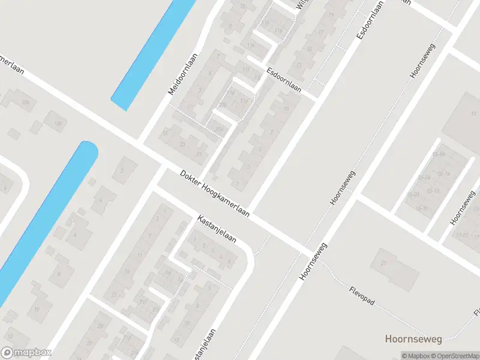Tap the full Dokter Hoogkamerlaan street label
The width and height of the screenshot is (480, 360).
215,194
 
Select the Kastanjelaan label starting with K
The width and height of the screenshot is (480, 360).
217,229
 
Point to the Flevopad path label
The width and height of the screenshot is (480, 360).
362,296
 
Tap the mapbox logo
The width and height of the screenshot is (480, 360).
26,353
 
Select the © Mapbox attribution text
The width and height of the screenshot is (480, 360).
415,356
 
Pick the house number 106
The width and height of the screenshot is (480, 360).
25,103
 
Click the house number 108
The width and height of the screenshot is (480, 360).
58,124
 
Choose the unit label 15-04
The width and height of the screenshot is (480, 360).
425,178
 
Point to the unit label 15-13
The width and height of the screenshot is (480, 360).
433,190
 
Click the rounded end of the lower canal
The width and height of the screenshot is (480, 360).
88,149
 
